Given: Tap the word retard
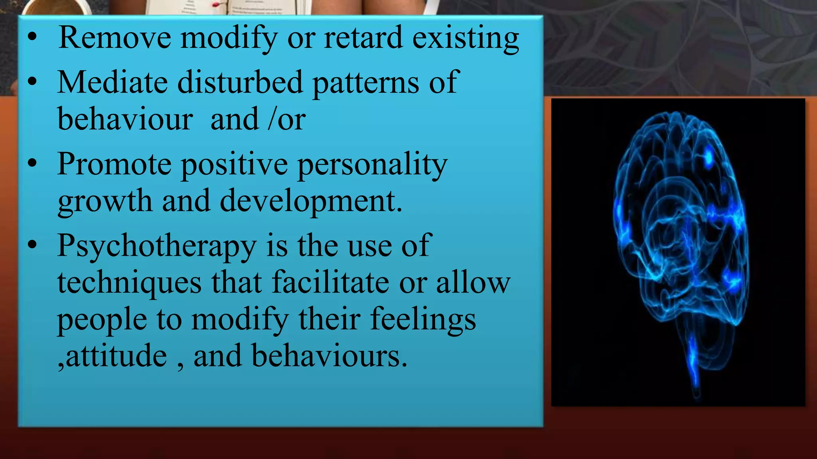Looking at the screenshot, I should [363, 38].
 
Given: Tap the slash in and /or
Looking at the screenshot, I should [272, 119].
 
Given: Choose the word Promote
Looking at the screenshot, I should [114, 164].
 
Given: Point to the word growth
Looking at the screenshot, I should [105, 202].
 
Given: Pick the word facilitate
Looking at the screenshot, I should [330, 282].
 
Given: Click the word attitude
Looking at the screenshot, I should [116, 356].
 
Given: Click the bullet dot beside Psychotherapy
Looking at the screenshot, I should [32, 245].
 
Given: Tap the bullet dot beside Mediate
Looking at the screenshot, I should [32, 82].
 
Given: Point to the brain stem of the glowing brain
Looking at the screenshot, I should [694, 359].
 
